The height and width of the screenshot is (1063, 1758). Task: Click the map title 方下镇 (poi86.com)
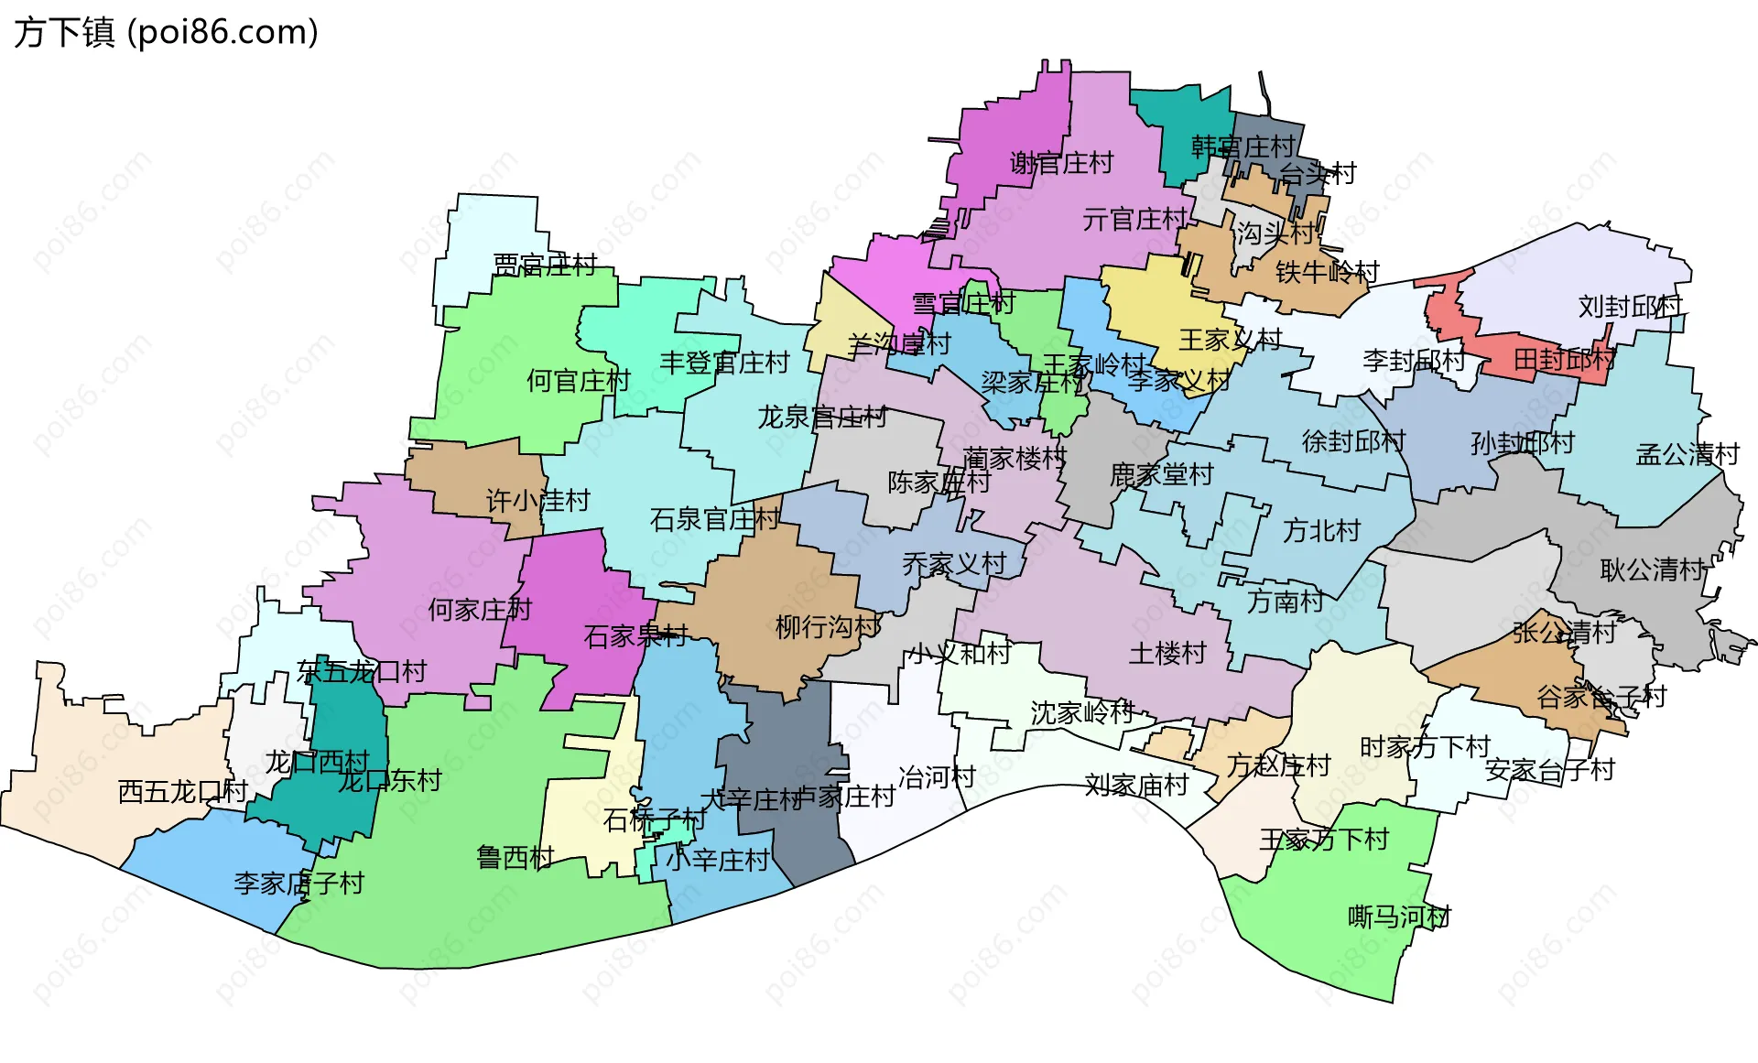click(166, 32)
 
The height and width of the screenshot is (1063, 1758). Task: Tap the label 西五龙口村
click(183, 791)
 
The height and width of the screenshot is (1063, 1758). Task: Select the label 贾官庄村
click(545, 265)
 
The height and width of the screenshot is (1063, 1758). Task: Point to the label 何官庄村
click(579, 380)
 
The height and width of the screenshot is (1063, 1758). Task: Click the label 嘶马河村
click(1399, 916)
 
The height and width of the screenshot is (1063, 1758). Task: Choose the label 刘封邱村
click(1630, 306)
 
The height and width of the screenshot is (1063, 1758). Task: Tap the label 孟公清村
click(1687, 454)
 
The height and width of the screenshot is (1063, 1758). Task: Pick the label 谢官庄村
click(1061, 163)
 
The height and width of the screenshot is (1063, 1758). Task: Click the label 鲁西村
click(515, 857)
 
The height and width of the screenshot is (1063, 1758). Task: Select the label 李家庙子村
click(298, 883)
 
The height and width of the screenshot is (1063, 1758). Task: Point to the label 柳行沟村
click(828, 626)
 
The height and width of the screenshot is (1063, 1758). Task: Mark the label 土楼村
click(1167, 653)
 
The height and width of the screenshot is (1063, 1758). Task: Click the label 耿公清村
click(1653, 569)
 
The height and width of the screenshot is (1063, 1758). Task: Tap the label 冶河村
click(937, 776)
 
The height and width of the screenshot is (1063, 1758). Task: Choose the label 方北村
click(1321, 530)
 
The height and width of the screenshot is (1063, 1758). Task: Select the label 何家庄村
click(480, 609)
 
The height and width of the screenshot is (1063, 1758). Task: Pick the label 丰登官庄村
click(724, 363)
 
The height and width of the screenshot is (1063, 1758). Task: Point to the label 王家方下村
click(1324, 839)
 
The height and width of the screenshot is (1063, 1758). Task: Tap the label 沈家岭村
click(1082, 711)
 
